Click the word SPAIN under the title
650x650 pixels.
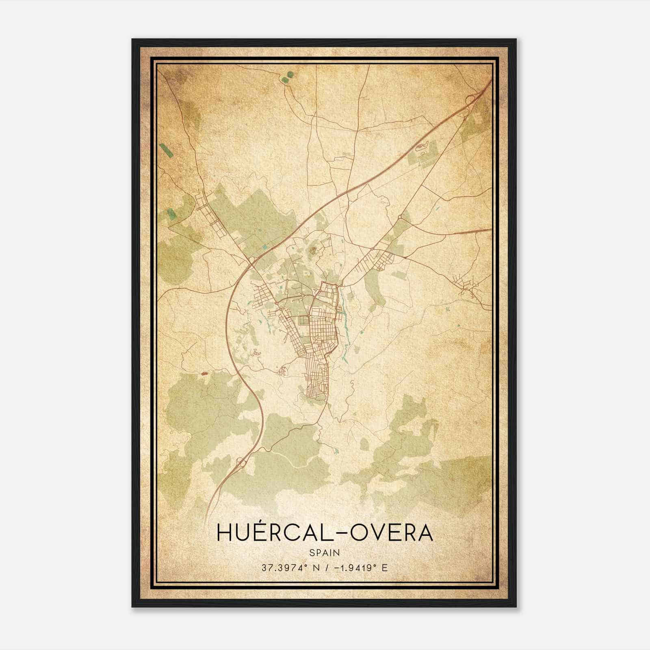coord(325,552)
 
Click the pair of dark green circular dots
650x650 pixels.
coord(287,77)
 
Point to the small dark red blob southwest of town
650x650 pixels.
coord(204,373)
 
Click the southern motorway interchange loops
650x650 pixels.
coord(240,462)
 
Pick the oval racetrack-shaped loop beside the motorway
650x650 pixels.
coord(421,146)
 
